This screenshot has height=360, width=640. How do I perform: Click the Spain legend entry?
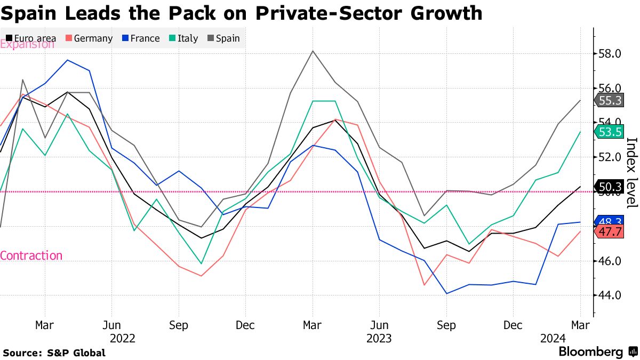223,38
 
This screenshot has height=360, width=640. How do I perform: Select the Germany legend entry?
89,38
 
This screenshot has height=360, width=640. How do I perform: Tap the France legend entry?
140,38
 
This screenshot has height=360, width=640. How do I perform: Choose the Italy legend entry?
183,38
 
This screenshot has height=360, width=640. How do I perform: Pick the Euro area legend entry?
31,38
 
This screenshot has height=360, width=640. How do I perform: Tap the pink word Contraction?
31,255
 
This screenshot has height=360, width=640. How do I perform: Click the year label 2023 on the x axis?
379,338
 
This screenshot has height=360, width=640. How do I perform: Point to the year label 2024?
553,338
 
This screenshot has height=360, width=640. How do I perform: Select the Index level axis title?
631,172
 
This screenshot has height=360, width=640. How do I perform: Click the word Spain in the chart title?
29,13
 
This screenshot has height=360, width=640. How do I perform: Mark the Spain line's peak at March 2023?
313,51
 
